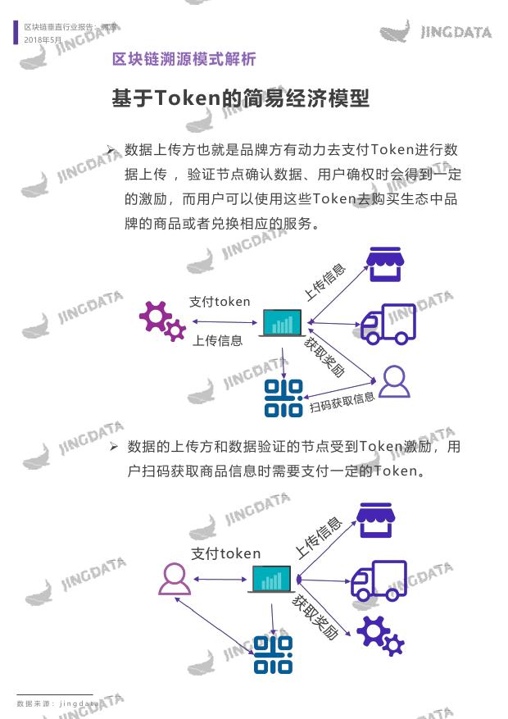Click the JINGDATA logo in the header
pos(436,31)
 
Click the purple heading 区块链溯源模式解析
pos(184,59)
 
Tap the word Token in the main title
pos(188,98)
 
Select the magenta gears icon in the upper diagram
pos(162,321)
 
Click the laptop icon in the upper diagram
pos(282,323)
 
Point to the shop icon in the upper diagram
pos(385,264)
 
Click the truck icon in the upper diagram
pos(388,324)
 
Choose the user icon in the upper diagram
pos(394,381)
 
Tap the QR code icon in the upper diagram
pos(283,398)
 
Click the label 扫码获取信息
pos(342,403)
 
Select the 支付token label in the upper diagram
pos(220,301)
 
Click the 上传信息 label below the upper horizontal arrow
pos(217,340)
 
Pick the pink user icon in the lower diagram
pos(175,579)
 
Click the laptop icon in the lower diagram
pos(272,579)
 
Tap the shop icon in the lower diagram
pos(375,520)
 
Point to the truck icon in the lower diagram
pos(379,580)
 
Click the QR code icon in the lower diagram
pos(273,655)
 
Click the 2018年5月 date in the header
pos(43,40)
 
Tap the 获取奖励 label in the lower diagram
pos(315,617)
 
